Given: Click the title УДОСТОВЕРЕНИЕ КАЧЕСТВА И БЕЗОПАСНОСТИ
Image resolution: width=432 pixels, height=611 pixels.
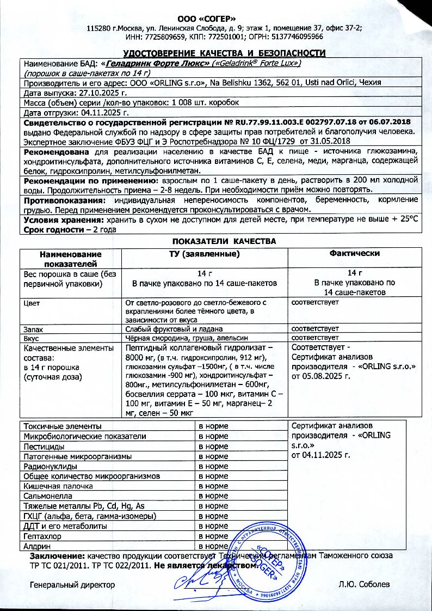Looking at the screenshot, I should [224, 53].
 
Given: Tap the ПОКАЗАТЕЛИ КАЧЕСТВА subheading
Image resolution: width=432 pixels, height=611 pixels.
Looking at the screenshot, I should [224, 241].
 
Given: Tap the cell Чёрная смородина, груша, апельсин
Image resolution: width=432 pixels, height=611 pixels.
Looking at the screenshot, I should [180, 338].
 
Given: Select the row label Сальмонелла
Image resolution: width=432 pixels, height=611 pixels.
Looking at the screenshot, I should [46, 496].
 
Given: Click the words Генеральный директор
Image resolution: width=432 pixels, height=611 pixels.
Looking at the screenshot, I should [72, 584].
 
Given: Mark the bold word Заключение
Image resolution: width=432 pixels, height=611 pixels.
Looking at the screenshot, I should [57, 556].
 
